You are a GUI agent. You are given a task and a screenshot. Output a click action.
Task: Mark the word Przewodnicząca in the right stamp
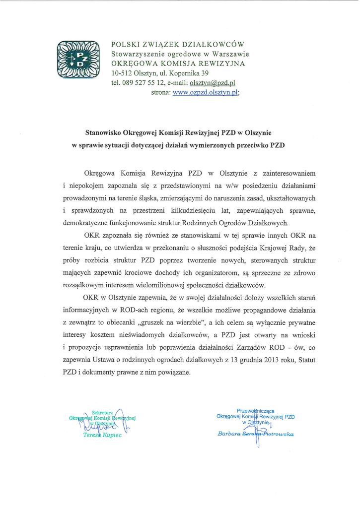click(256, 411)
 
